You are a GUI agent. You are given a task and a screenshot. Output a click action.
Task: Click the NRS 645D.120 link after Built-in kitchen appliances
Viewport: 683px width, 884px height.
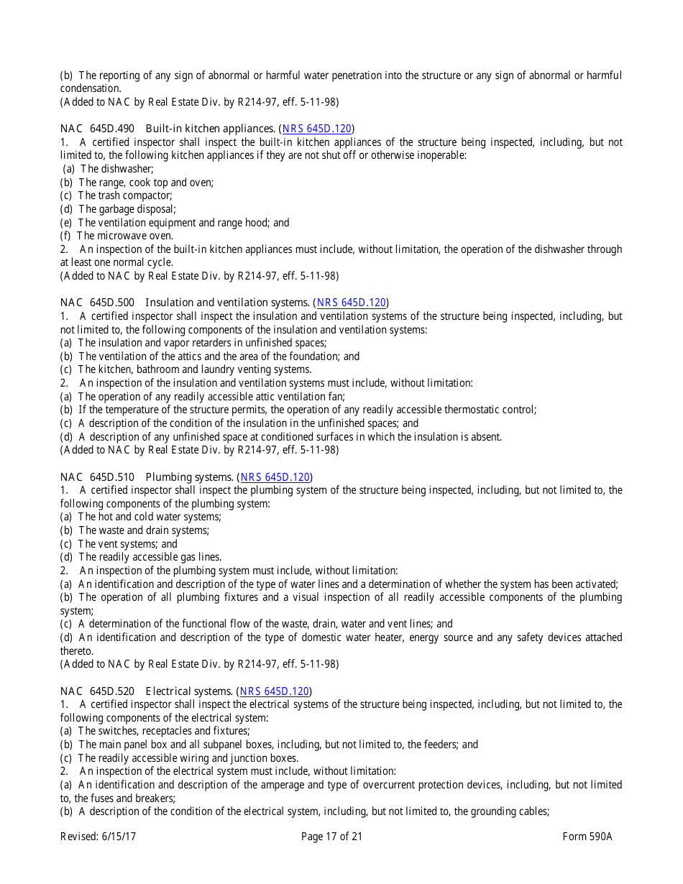point(316,129)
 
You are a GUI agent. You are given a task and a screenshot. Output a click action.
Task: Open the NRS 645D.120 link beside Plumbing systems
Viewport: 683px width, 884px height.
point(275,477)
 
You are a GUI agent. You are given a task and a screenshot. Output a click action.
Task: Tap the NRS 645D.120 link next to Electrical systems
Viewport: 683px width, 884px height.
point(275,691)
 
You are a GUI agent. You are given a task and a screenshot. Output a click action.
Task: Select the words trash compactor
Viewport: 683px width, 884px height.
point(134,195)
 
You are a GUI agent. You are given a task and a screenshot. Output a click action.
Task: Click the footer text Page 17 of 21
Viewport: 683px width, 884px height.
point(331,837)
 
